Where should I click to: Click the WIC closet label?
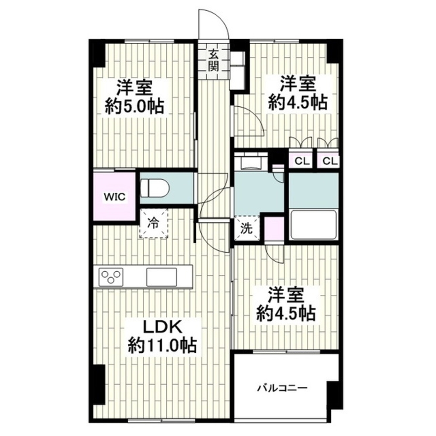(115, 197)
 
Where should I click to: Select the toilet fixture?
(154, 188)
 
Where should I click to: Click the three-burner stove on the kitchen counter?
(111, 277)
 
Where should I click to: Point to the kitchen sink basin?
(161, 277)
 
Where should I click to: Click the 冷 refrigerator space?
(154, 223)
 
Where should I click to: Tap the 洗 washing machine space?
(247, 228)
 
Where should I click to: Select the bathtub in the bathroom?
(313, 225)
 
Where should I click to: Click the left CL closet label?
(302, 161)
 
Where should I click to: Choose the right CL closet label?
(330, 161)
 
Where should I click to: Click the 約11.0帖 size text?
(162, 346)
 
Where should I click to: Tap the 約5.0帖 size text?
(134, 106)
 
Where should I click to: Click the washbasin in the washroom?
(251, 162)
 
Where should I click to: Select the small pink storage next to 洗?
(274, 228)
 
